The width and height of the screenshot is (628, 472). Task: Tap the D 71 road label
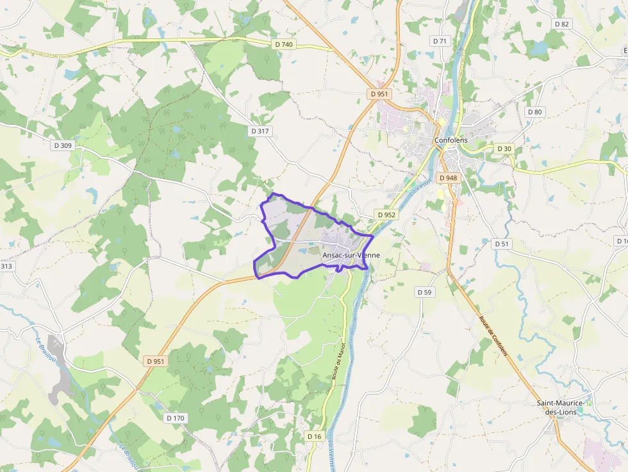[x=440, y=40]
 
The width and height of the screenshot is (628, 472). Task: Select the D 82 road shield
[x=561, y=24]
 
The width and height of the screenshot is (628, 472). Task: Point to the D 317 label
[x=260, y=131]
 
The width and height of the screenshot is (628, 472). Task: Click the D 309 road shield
[x=63, y=145]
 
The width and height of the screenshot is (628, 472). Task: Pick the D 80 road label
[x=534, y=111]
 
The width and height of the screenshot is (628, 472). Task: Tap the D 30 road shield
[x=504, y=149]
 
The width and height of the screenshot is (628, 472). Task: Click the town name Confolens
[x=451, y=140]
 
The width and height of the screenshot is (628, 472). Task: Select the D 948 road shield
[x=449, y=177]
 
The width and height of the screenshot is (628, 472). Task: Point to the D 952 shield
[x=386, y=215]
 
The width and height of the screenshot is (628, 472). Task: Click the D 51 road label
[x=502, y=244]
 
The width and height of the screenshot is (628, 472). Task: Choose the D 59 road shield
[x=424, y=292]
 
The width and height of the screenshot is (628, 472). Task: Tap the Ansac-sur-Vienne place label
[x=351, y=255]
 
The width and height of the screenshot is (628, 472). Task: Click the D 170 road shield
[x=175, y=418]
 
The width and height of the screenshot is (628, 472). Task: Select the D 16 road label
[x=314, y=436]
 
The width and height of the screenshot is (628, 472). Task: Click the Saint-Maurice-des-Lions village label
[x=560, y=407]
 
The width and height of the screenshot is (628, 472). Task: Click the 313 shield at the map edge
[x=6, y=266]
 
